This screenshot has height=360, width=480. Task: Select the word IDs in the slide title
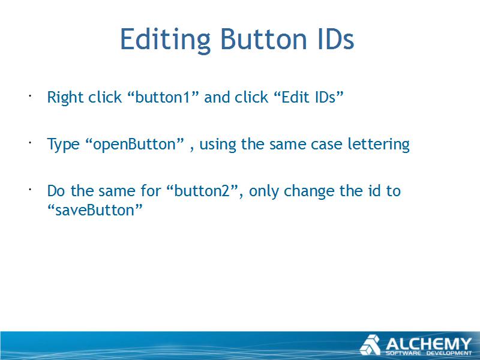[x=336, y=39]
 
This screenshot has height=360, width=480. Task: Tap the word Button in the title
[x=263, y=39]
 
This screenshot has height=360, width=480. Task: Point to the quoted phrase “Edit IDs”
[x=308, y=97]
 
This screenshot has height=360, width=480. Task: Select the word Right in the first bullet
[x=65, y=98]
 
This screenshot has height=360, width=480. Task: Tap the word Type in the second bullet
[x=63, y=145]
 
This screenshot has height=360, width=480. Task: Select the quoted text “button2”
[x=203, y=191]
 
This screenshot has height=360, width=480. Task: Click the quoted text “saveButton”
[x=95, y=211]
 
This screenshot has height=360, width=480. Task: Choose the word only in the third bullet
[x=264, y=191]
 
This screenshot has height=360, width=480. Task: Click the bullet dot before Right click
[x=30, y=96]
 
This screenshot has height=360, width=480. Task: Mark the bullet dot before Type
[x=30, y=143]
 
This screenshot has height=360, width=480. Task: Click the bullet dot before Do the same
[x=30, y=190]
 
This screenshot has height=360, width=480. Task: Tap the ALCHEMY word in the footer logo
[x=428, y=344]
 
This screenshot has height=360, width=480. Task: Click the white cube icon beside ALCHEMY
[x=370, y=345]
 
